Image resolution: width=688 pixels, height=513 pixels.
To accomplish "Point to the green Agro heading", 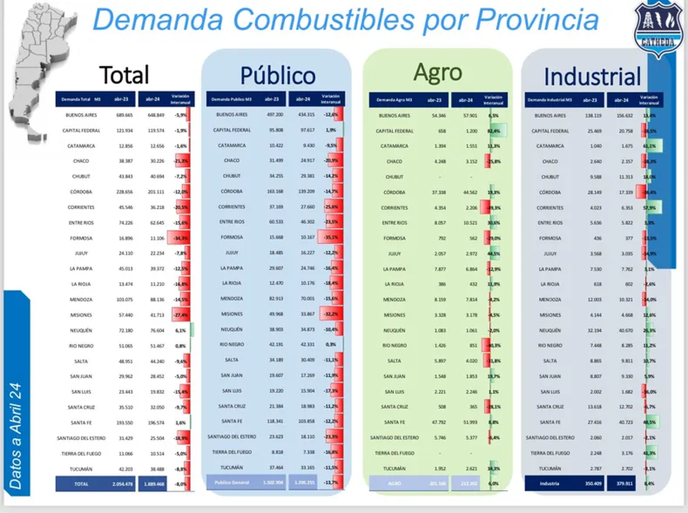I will click(437, 72).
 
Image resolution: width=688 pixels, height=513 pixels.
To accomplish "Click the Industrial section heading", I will click(592, 77).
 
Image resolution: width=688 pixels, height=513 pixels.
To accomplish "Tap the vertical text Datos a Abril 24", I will click(17, 436).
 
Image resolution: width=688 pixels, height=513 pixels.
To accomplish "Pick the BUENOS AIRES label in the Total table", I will click(79, 115).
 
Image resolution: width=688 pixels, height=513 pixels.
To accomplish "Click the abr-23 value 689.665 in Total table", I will click(124, 115).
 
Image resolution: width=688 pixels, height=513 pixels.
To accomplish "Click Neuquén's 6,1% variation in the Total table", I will click(181, 330).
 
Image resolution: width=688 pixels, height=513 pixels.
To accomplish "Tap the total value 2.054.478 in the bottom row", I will click(124, 484).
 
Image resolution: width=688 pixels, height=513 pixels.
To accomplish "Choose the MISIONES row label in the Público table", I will click(232, 314).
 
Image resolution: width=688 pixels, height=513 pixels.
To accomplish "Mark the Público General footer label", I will click(232, 483).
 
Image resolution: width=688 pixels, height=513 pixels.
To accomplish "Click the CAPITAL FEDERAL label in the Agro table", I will click(394, 131).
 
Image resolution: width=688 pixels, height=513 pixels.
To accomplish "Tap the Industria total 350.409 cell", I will click(591, 484).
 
